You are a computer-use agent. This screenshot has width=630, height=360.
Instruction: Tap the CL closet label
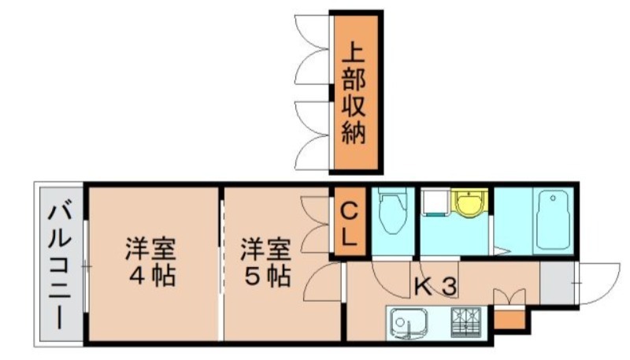point(351,223)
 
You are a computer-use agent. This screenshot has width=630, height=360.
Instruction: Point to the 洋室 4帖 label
point(149,263)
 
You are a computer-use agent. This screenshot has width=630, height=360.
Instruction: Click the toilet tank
point(391,198)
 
